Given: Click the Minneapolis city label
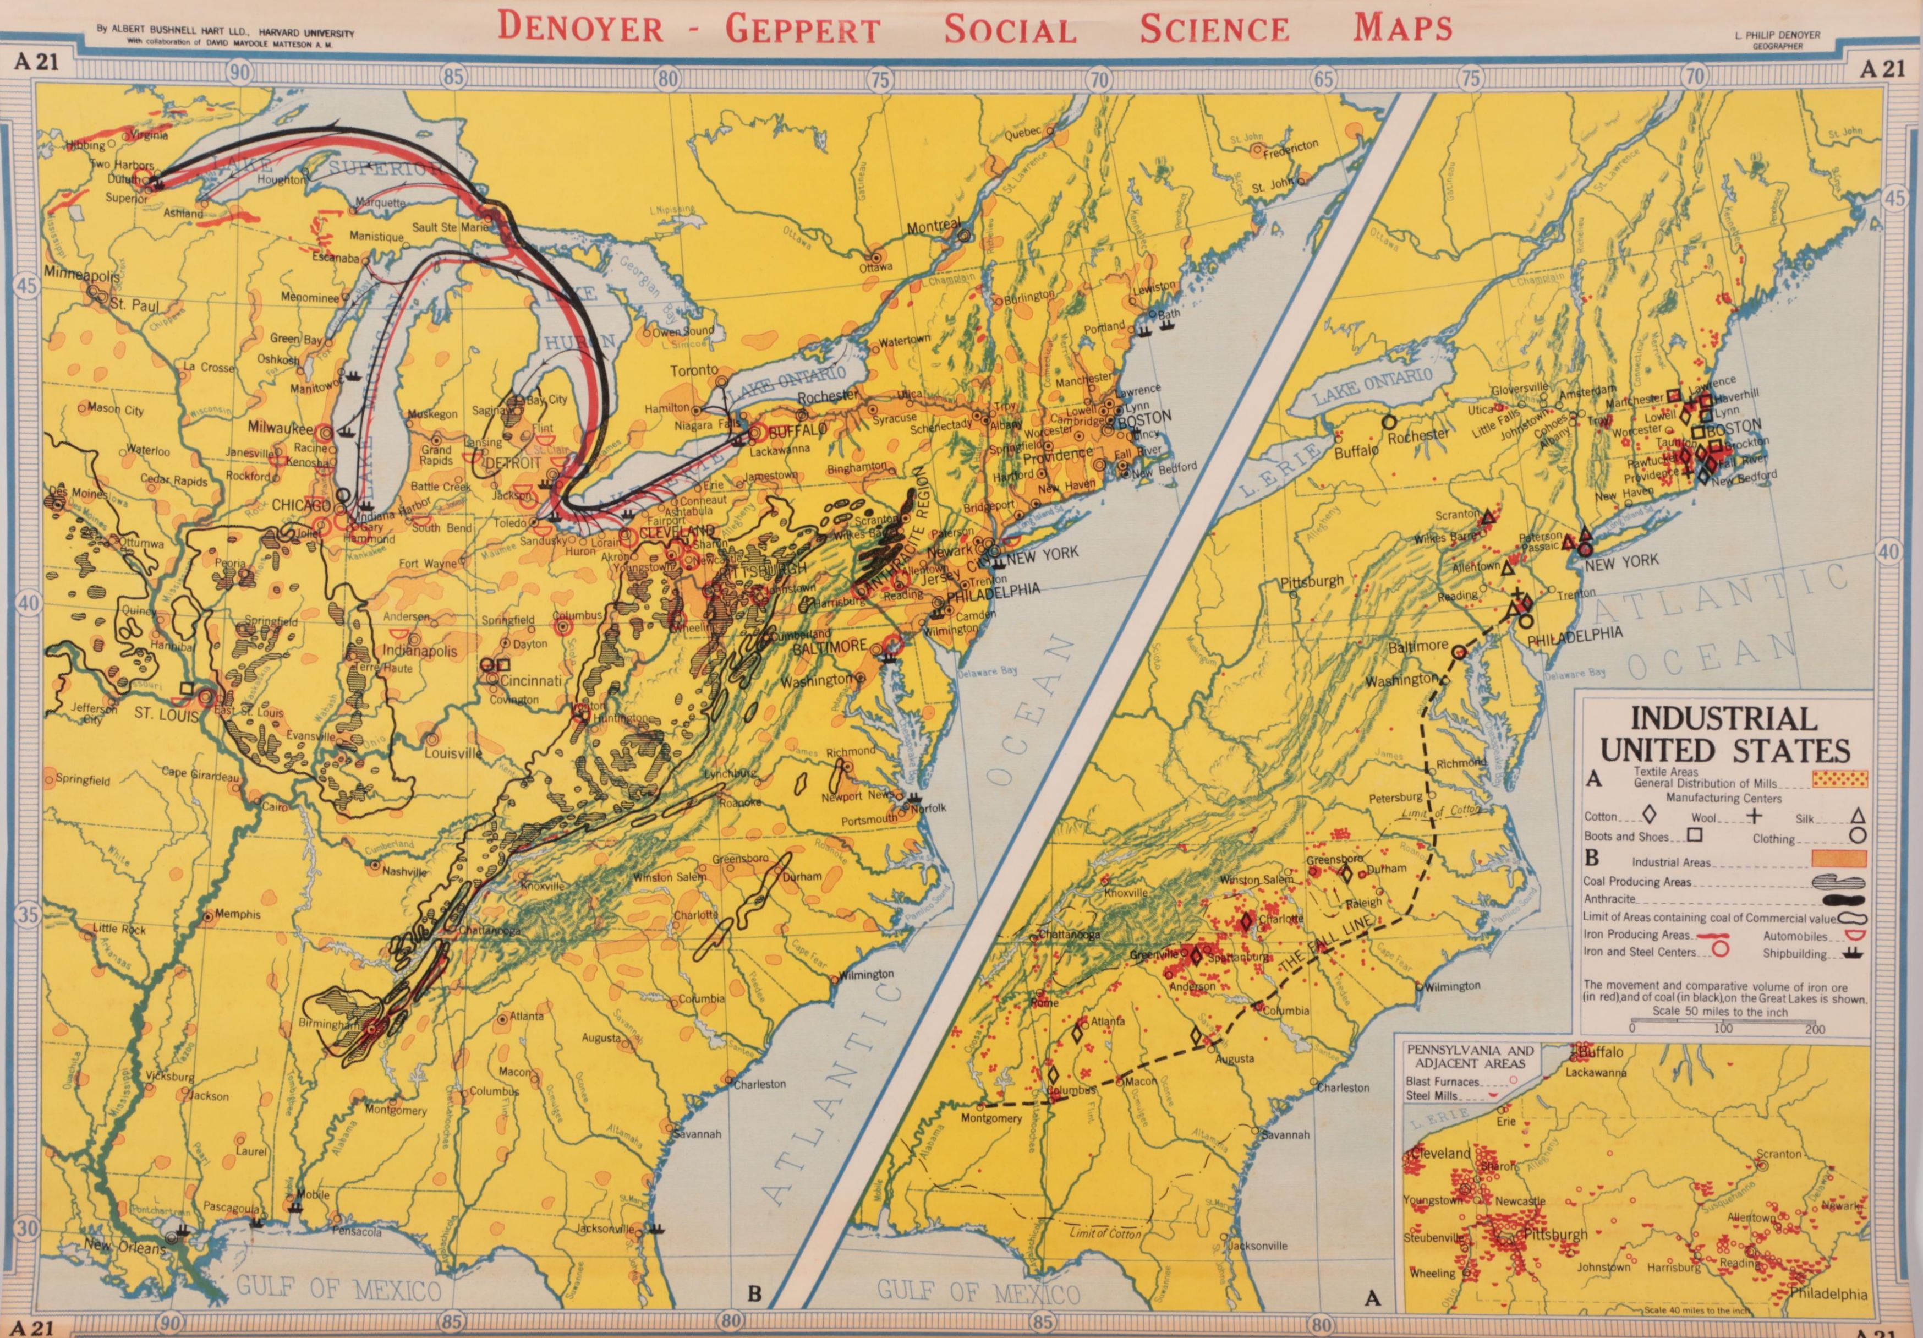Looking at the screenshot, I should pyautogui.click(x=81, y=275).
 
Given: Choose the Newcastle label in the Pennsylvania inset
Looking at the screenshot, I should pyautogui.click(x=1520, y=1200).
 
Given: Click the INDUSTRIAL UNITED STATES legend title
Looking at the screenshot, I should pyautogui.click(x=1724, y=733).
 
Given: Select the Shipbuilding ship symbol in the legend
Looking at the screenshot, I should pyautogui.click(x=1854, y=953).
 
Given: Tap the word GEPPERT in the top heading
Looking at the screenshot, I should pyautogui.click(x=802, y=29).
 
